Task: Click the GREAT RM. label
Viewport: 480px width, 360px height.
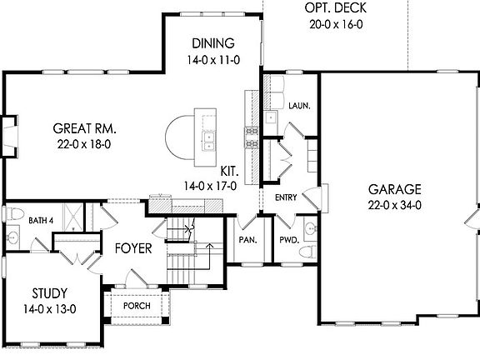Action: pyautogui.click(x=84, y=128)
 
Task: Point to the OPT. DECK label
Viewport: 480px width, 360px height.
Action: pyautogui.click(x=337, y=9)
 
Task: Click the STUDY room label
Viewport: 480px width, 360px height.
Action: pyautogui.click(x=51, y=293)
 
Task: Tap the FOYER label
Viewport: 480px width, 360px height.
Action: pyautogui.click(x=133, y=247)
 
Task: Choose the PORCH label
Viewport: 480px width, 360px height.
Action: pyautogui.click(x=136, y=306)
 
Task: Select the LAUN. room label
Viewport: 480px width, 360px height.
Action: pyautogui.click(x=299, y=106)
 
